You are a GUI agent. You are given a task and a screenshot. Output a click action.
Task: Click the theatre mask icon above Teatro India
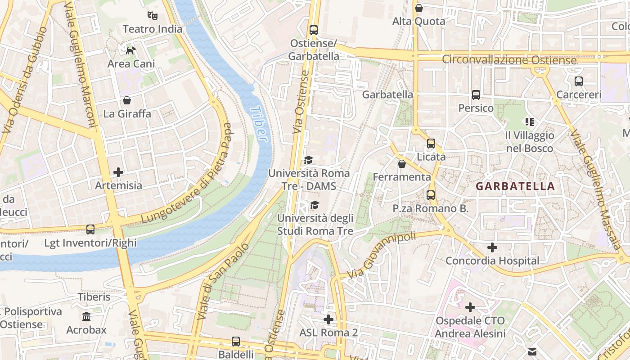pos(153,16)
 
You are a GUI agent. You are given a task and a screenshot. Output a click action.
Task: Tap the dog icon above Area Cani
pos(130,50)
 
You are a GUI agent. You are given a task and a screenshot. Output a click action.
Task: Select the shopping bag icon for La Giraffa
pos(127,100)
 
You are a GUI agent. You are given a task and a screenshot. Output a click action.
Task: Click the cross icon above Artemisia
pos(118,172)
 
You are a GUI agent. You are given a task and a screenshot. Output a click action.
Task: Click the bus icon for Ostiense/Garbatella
pos(314,30)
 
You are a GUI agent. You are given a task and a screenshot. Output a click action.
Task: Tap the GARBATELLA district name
pos(515,186)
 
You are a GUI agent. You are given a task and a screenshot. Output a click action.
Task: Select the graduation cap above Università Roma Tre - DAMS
pos(308,160)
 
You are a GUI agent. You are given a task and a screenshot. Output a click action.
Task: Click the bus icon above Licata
pos(431,144)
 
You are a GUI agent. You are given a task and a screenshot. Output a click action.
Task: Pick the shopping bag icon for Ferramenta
pos(401,164)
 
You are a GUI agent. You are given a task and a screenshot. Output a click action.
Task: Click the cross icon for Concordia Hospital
pos(492,247)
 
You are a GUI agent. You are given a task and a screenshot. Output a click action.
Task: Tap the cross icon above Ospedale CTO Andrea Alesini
pos(470,307)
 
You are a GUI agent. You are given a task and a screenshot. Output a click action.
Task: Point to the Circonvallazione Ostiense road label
pos(509,60)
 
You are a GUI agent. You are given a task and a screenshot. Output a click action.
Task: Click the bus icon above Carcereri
pos(579,81)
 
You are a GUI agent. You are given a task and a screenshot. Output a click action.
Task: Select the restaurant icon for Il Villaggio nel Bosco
pos(529,121)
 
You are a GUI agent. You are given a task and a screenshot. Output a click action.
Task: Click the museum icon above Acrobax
pos(86,316)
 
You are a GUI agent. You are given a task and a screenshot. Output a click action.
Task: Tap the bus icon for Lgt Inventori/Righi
pos(90,229)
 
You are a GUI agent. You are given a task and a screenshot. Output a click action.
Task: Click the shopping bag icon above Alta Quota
pos(419,8)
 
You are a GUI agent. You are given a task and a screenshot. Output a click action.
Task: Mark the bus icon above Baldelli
pos(236,341)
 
